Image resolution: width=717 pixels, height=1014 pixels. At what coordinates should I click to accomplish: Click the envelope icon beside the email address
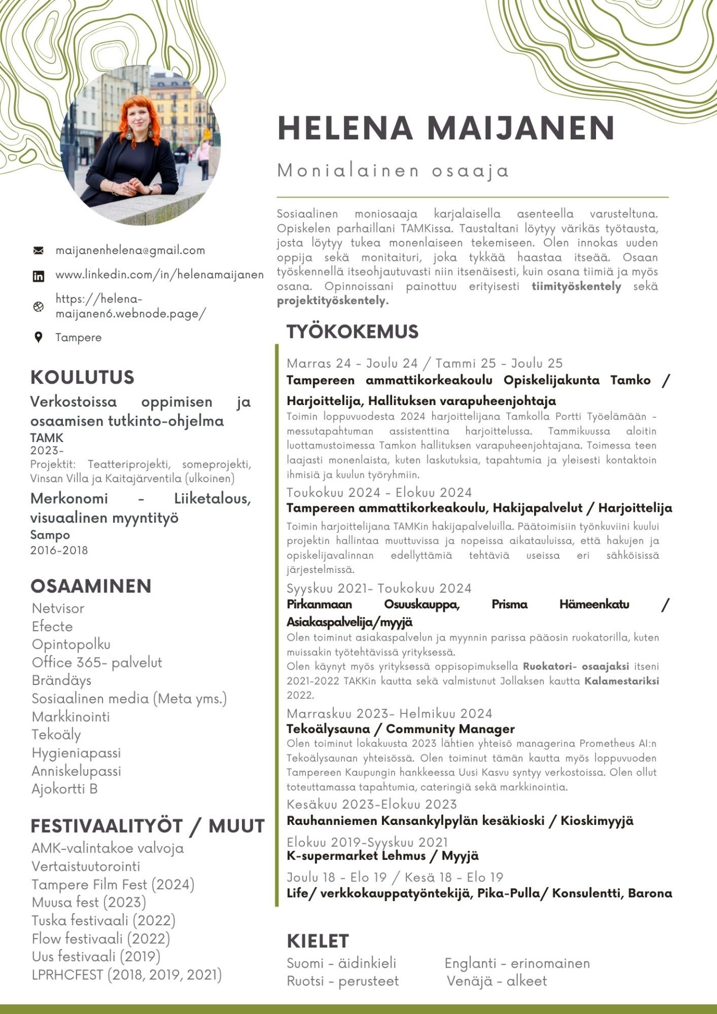click(39, 250)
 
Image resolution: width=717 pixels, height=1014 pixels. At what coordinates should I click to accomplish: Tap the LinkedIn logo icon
click(39, 276)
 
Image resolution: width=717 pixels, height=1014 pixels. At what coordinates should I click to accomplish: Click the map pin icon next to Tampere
click(38, 337)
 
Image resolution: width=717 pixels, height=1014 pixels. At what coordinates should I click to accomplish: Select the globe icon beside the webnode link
click(39, 307)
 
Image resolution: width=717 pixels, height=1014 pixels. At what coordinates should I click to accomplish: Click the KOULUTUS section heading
click(82, 378)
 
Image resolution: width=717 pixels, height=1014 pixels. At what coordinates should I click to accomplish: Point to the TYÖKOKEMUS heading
click(352, 332)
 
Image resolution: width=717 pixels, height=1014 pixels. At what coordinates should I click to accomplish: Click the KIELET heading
click(318, 941)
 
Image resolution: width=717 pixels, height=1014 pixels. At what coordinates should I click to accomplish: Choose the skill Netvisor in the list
click(58, 608)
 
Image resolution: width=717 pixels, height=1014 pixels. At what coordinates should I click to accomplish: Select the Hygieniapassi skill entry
click(76, 753)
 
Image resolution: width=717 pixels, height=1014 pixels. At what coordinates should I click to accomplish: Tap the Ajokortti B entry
click(64, 788)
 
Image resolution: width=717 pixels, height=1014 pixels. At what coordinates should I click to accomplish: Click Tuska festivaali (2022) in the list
click(103, 920)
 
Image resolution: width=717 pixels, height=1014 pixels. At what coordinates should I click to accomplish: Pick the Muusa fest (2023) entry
click(89, 902)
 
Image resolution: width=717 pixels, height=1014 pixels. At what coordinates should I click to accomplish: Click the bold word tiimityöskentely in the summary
click(576, 286)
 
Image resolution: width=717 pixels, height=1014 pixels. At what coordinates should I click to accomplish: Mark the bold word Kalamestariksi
click(621, 681)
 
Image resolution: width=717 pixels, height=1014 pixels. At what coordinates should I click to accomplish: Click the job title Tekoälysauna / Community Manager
click(400, 729)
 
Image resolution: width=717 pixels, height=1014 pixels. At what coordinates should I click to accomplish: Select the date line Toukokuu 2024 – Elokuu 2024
click(379, 492)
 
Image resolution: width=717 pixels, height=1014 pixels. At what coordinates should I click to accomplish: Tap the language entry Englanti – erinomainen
click(517, 963)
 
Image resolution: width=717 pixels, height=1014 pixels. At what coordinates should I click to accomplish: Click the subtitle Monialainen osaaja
click(393, 171)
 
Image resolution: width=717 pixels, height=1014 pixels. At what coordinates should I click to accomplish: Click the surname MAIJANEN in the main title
click(521, 128)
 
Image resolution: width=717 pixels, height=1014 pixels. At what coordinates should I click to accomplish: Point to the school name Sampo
click(50, 534)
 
